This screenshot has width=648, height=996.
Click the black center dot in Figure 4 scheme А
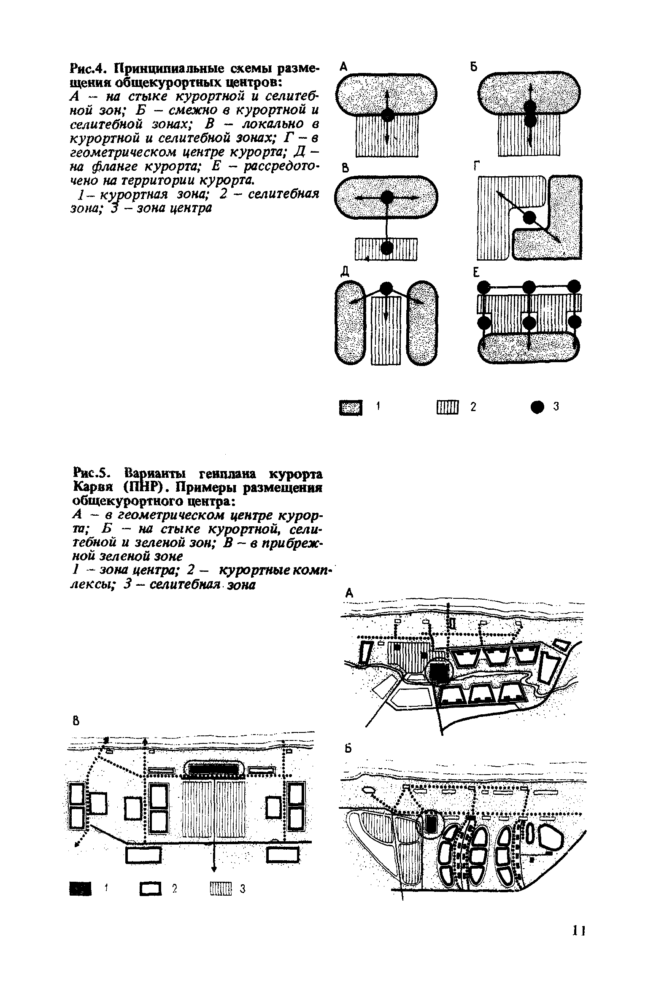pyautogui.click(x=387, y=115)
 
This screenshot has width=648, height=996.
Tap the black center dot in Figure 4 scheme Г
pyautogui.click(x=529, y=218)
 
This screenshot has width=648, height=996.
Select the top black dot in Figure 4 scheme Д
pyautogui.click(x=385, y=288)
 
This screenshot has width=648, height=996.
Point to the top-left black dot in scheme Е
pyautogui.click(x=483, y=287)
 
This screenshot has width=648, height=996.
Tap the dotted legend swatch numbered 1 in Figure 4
pyautogui.click(x=351, y=407)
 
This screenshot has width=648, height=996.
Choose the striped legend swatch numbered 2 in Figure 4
pyautogui.click(x=447, y=407)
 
